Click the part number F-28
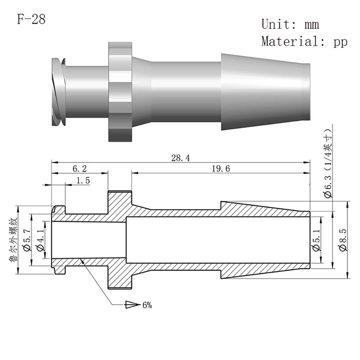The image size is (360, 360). (31, 19)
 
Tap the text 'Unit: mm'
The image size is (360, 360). (290, 24)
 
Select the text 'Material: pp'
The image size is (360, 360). (305, 41)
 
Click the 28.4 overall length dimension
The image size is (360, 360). (181, 158)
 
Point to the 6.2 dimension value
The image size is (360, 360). (80, 169)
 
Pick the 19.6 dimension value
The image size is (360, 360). (221, 169)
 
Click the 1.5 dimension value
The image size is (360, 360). (83, 180)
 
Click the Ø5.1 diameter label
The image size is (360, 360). (316, 240)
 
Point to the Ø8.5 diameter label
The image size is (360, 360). (343, 240)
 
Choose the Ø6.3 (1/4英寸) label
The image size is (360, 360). (328, 163)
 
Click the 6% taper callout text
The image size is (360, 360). (147, 305)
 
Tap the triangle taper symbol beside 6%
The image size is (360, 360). (132, 305)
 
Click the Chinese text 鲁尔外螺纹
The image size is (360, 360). (13, 240)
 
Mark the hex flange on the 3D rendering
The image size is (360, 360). (120, 92)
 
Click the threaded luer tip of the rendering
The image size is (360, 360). (59, 92)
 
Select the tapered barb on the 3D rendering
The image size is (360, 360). (266, 92)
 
